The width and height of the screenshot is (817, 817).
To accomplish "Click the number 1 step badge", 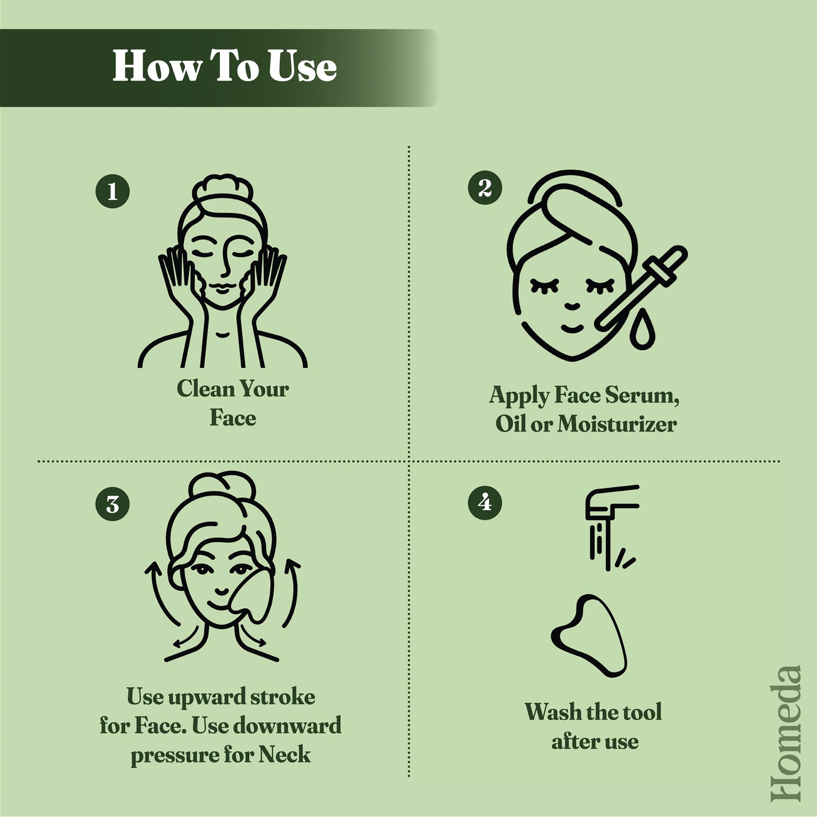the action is [112, 191].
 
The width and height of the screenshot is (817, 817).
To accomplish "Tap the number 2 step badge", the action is [485, 188].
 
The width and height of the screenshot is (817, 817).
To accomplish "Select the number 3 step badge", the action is [112, 504].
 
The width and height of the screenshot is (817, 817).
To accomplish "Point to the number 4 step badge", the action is [485, 503].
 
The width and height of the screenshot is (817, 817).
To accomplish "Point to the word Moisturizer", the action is [616, 424].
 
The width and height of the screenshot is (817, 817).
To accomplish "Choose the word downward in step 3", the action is [287, 725].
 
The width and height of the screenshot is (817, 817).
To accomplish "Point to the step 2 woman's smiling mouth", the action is [572, 328].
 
